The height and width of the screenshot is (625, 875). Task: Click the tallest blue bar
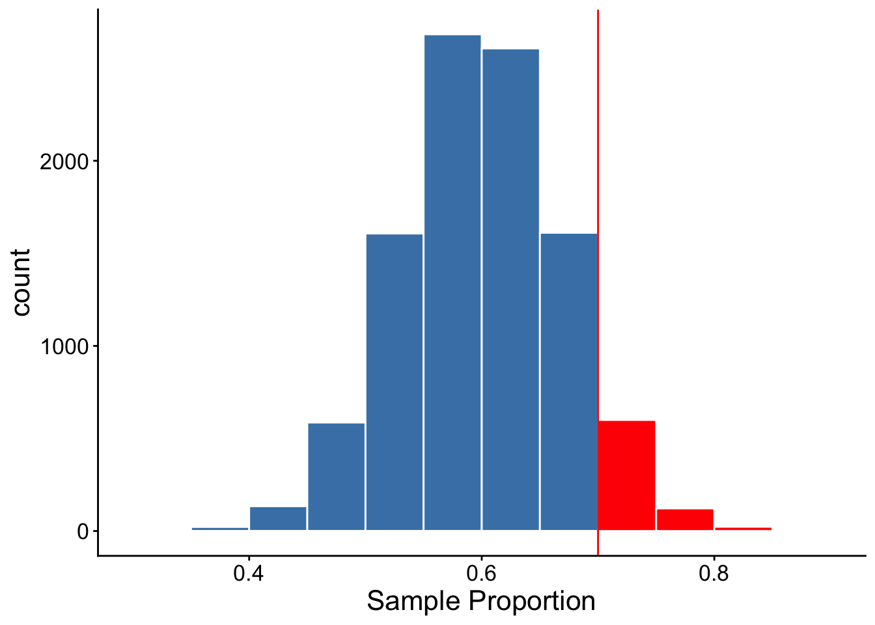(452, 283)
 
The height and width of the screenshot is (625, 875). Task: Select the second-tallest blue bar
(510, 290)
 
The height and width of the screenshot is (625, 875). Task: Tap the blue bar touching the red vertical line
(569, 382)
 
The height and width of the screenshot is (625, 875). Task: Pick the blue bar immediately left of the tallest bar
(394, 382)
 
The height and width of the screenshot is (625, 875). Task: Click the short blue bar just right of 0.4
(278, 518)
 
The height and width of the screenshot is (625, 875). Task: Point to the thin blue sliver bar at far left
(220, 529)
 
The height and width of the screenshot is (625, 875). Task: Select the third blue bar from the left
(337, 477)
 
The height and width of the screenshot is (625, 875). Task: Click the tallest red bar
(626, 475)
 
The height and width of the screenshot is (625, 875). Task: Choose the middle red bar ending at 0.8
(685, 520)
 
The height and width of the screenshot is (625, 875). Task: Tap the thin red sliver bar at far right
(743, 529)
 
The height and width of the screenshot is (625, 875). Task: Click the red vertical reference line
(598, 282)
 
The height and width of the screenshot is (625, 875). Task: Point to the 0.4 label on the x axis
(249, 574)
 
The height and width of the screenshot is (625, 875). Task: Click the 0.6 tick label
(481, 574)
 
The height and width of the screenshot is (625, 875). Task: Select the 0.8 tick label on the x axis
(714, 574)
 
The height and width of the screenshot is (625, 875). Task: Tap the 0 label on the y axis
(83, 532)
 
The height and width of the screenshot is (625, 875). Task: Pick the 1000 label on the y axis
(65, 346)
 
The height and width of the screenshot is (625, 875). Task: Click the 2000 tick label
(65, 161)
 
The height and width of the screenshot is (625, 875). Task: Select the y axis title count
(21, 282)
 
